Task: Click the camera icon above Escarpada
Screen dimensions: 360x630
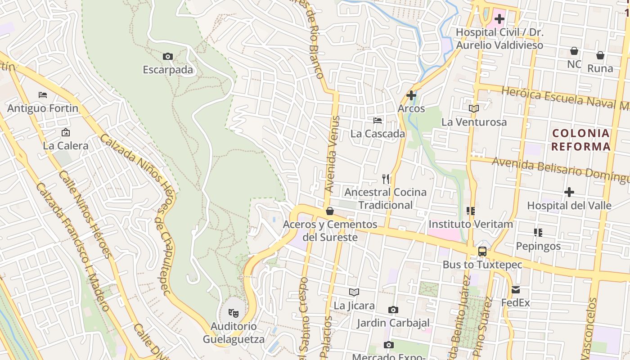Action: click(x=167, y=56)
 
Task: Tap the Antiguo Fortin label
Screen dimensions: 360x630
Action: click(x=43, y=108)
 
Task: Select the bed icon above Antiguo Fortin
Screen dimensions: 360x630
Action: click(x=43, y=95)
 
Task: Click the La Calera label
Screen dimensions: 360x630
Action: click(x=66, y=146)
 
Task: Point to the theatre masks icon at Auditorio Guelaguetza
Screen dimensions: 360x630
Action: click(x=233, y=312)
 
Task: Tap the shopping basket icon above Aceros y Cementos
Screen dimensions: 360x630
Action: click(x=330, y=211)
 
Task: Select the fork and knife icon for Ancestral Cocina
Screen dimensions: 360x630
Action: click(x=386, y=179)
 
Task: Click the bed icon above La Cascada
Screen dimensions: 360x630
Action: click(x=378, y=121)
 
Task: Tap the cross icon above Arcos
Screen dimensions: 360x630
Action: click(x=411, y=95)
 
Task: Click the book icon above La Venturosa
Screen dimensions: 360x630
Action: click(x=473, y=108)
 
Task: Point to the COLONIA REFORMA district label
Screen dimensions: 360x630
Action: click(x=580, y=140)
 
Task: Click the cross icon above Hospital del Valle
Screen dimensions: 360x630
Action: click(x=569, y=193)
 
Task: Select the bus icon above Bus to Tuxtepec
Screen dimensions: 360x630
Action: click(x=482, y=252)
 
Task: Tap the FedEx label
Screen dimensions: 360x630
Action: click(x=516, y=303)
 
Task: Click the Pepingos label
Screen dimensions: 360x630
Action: click(x=538, y=246)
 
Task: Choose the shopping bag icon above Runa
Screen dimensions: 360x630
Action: click(x=600, y=55)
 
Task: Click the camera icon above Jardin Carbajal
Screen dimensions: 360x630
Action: click(x=393, y=310)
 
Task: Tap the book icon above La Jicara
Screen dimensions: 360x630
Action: click(x=354, y=292)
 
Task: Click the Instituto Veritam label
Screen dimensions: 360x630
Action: click(x=471, y=224)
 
